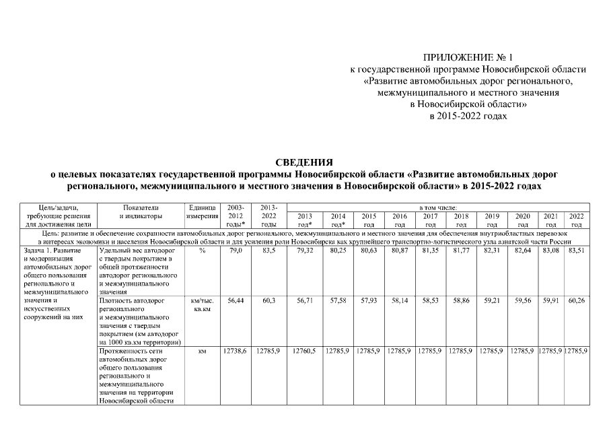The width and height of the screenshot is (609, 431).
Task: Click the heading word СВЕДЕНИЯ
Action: [x=304, y=162]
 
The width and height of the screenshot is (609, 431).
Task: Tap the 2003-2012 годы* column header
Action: [x=236, y=215]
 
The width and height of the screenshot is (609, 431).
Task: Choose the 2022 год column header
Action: [x=577, y=220]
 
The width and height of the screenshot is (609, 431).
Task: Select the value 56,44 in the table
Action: [x=236, y=301]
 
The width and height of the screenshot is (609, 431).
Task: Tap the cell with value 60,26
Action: [x=577, y=301]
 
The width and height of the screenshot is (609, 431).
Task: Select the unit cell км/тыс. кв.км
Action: [x=202, y=305]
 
